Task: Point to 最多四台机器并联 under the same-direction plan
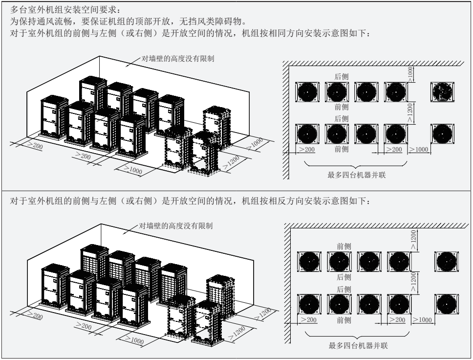pos(357,176)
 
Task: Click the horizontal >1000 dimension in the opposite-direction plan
pos(422,319)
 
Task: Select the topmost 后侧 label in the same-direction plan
pos(342,76)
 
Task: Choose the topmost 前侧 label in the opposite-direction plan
pos(344,245)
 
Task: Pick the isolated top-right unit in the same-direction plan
pos(442,91)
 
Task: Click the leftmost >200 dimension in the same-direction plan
pos(306,149)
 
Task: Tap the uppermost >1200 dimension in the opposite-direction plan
pos(413,240)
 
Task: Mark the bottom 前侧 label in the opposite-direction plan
pos(344,320)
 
